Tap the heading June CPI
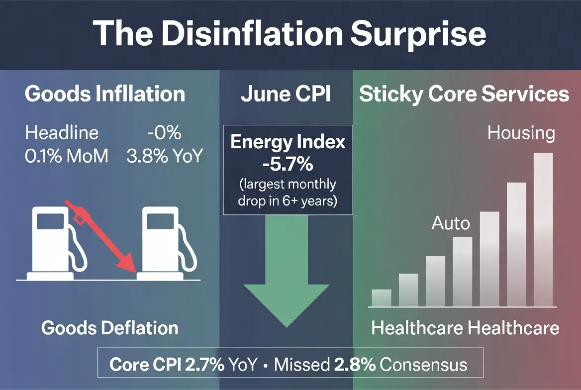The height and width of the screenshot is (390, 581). click(286, 94)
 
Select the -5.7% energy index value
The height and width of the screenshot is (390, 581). click(288, 164)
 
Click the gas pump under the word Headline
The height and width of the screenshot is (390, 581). click(56, 243)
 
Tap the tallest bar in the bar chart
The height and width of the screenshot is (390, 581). click(543, 230)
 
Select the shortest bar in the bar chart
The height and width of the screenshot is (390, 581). click(381, 298)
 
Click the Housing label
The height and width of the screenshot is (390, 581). click(521, 133)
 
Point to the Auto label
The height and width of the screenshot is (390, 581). click(451, 223)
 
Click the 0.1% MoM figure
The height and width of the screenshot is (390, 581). click(67, 156)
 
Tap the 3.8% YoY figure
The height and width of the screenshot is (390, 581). click(165, 156)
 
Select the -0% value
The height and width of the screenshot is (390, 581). click(164, 133)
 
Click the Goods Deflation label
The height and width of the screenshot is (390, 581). click(109, 328)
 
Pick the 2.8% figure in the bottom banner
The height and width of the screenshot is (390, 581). click(355, 365)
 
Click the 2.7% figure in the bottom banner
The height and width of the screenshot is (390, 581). click(204, 365)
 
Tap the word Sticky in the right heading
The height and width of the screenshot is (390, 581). click(391, 94)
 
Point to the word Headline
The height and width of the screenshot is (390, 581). click(62, 133)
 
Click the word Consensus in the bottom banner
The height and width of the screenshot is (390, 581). click(423, 365)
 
